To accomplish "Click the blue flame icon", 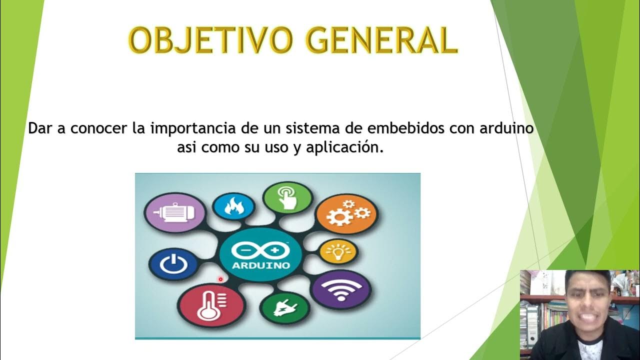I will click(x=233, y=205).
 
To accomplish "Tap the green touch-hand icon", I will click(x=287, y=196).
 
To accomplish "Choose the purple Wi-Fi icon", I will click(x=341, y=289).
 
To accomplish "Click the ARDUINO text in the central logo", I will click(x=260, y=265).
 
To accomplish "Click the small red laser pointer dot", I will click(x=220, y=279).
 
